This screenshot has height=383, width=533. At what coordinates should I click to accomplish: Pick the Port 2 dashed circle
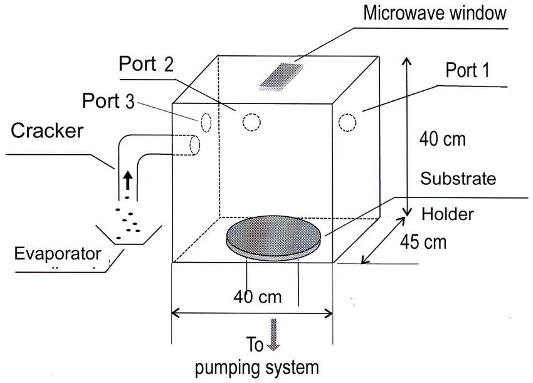251,122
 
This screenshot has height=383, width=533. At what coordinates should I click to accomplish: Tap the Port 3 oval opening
206,122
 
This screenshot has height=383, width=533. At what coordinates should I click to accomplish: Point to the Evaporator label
58,253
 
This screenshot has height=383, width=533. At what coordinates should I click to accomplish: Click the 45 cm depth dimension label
425,241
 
